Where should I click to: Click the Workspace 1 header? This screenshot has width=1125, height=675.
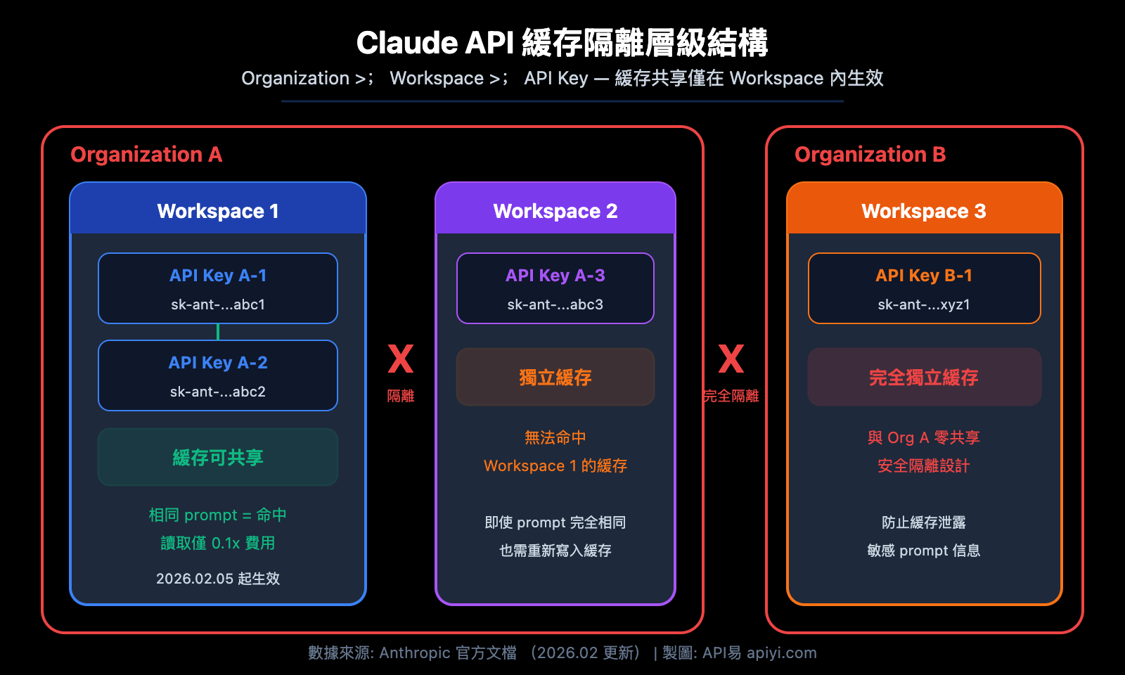(x=218, y=210)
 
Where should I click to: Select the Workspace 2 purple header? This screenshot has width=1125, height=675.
(x=555, y=210)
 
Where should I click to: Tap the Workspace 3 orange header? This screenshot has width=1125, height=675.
(x=924, y=210)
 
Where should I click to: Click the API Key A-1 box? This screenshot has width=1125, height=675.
(x=218, y=288)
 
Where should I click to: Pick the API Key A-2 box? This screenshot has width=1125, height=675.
(x=218, y=375)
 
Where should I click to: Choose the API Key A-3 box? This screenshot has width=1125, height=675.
(x=555, y=288)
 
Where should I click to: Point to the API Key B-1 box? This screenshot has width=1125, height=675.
(x=924, y=288)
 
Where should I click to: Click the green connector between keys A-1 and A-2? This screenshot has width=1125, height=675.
(x=218, y=332)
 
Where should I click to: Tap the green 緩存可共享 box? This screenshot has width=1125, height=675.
(x=218, y=457)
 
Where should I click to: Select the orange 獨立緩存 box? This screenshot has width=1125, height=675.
(x=555, y=377)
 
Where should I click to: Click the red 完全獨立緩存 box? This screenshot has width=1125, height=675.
(x=924, y=377)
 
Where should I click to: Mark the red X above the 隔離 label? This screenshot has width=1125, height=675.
(x=401, y=359)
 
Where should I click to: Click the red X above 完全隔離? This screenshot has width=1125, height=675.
(x=731, y=359)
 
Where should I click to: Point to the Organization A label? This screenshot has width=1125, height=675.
(x=146, y=154)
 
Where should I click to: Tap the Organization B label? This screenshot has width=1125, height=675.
(x=870, y=154)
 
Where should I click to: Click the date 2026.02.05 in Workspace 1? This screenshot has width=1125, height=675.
(x=195, y=579)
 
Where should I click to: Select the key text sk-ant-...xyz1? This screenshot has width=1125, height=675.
(x=924, y=304)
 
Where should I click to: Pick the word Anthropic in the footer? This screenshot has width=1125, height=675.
(x=415, y=652)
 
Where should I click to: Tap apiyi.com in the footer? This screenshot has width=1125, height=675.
(x=782, y=652)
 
